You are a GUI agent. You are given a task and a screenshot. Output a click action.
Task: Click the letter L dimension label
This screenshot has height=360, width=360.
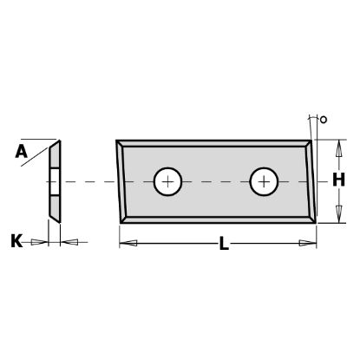point(224,243)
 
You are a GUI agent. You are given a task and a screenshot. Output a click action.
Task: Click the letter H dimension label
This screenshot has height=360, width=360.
point(338,180)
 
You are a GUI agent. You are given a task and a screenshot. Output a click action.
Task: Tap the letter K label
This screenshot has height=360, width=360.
point(16,241)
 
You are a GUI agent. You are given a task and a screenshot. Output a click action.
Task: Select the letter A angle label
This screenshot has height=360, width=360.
point(21,152)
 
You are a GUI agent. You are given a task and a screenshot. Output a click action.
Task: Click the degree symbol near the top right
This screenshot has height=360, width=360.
point(324,120)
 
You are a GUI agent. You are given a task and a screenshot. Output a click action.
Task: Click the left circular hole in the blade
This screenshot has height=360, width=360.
point(167,181)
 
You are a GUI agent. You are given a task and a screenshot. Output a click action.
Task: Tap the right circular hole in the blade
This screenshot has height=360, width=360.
point(264,181)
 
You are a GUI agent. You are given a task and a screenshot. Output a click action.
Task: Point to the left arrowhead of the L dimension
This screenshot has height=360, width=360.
point(128,243)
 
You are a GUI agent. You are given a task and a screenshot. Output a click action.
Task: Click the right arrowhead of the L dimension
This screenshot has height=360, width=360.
point(308,243)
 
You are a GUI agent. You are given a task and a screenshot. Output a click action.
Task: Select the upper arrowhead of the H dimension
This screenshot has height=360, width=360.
point(339,148)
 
